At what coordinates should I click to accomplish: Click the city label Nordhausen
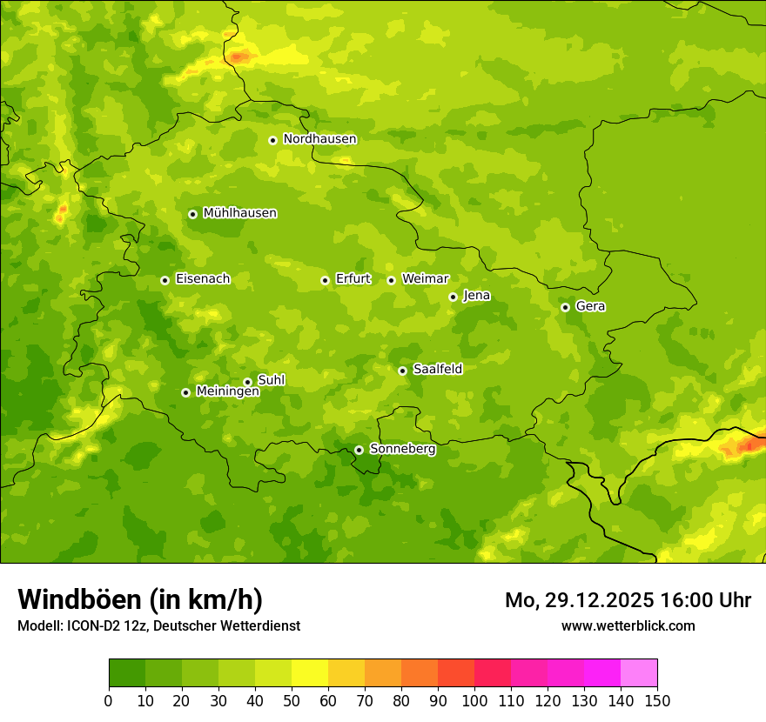click(x=319, y=139)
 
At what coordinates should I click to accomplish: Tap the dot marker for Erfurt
click(x=325, y=280)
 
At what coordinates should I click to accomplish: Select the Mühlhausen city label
click(x=239, y=213)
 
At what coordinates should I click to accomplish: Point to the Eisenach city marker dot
click(x=165, y=280)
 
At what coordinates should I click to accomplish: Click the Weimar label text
click(x=425, y=279)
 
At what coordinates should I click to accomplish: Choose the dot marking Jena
click(x=453, y=297)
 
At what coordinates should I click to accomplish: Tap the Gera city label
click(x=590, y=306)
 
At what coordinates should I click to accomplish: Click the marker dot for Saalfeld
click(x=402, y=371)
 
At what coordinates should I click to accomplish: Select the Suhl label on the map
click(x=271, y=380)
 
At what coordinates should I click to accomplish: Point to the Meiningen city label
click(x=227, y=391)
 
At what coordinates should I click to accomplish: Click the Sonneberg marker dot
click(x=359, y=450)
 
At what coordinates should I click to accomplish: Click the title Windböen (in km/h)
click(x=139, y=599)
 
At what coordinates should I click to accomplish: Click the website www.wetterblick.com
click(x=628, y=625)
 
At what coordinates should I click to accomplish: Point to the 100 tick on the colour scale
click(x=474, y=700)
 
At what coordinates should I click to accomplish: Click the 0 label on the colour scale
click(x=109, y=700)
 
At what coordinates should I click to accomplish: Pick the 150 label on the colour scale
click(x=657, y=700)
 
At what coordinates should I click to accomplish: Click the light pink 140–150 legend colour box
click(x=639, y=673)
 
